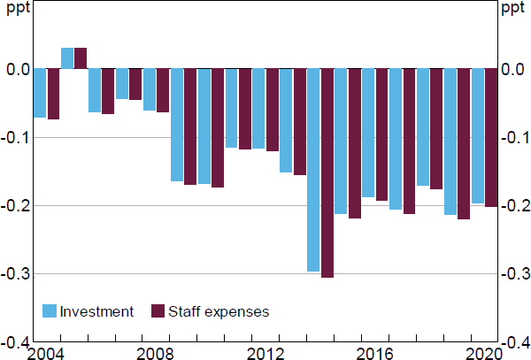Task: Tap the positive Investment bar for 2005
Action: pos(67,58)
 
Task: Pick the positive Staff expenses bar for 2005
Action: pos(81,58)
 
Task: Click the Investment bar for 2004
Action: pos(39,93)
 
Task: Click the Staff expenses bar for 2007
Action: pos(135,84)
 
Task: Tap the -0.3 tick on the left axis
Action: pos(19,274)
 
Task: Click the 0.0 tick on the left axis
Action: pos(19,70)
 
